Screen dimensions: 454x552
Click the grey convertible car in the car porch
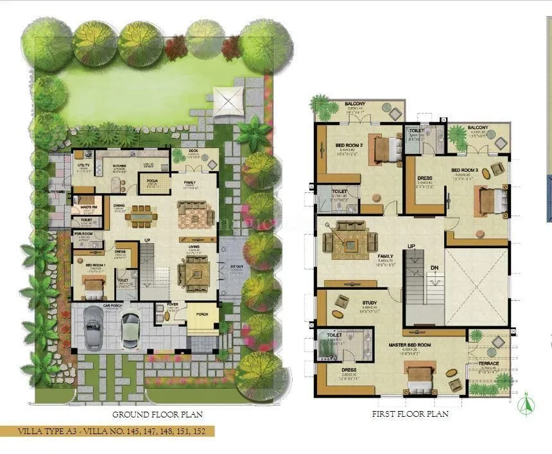pyautogui.click(x=94, y=326)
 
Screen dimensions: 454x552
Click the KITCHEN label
pyautogui.click(x=120, y=165)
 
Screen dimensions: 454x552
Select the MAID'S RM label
pyautogui.click(x=89, y=207)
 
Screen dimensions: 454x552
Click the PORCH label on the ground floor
pyautogui.click(x=202, y=314)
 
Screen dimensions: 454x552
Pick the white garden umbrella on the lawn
pyautogui.click(x=229, y=101)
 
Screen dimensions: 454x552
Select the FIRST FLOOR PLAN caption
pyautogui.click(x=410, y=414)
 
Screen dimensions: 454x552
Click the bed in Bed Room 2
pyautogui.click(x=384, y=149)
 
